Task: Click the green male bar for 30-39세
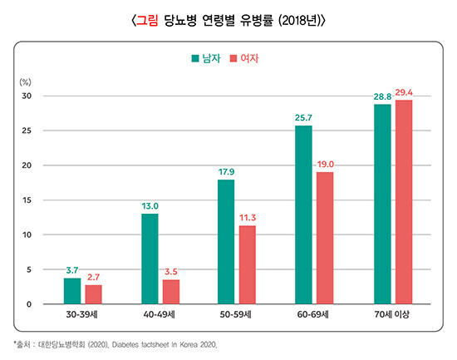pos(72,291)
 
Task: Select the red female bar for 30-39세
pos(93,294)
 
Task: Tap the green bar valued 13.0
pos(150,259)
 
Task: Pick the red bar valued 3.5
pos(170,292)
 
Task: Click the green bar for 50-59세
pos(226,242)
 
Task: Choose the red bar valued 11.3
pos(248,264)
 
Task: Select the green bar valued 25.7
pos(303,215)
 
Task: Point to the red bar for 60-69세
pos(325,238)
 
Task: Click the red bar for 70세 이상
pos(403,202)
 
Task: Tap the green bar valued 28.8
pos(382,204)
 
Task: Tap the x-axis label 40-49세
pos(160,316)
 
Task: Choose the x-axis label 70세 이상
pos(392,316)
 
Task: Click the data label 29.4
pos(405,93)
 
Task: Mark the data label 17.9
pos(227,172)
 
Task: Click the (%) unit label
pos(26,82)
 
